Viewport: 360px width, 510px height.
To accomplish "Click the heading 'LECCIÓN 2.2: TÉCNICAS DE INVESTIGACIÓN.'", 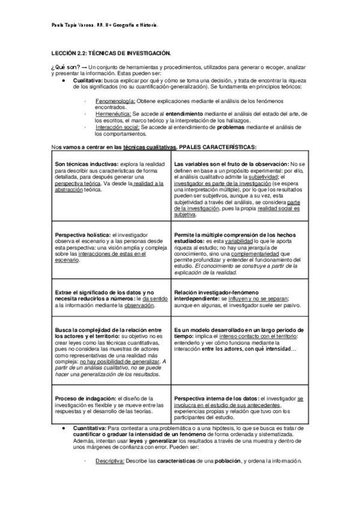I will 111,54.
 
